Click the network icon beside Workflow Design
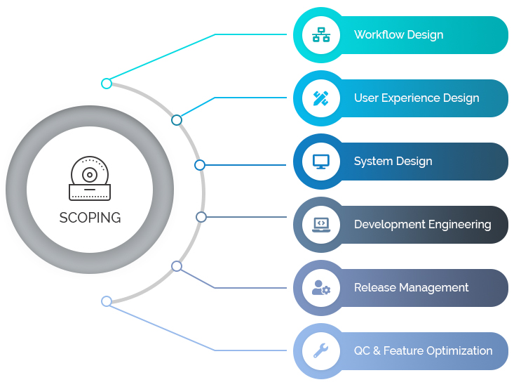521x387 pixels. coord(321,35)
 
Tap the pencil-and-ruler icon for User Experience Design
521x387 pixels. coord(321,98)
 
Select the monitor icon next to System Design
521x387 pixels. coord(321,162)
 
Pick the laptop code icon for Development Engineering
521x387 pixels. coord(321,225)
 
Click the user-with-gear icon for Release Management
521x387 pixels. coord(321,288)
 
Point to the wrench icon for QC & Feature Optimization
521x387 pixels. coord(321,350)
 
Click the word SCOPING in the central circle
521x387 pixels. coord(90,218)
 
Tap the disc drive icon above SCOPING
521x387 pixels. coord(90,178)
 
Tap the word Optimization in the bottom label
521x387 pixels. coord(459,350)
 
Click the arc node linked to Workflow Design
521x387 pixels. coord(107,84)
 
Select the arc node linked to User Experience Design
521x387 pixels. coord(177,120)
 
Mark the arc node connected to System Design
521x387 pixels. coord(200,165)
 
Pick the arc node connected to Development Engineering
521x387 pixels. coord(201,217)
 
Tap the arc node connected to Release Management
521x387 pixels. coord(177,266)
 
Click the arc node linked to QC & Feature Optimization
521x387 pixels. coord(107,301)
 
